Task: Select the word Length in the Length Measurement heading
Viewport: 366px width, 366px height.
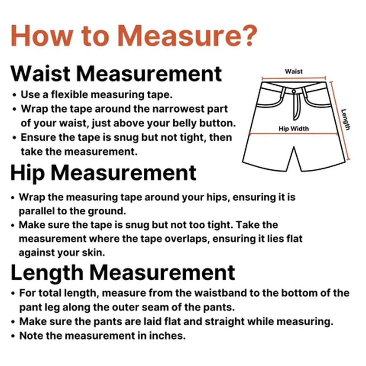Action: point(47,273)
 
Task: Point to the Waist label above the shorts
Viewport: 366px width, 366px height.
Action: point(294,71)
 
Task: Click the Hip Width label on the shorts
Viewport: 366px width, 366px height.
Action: point(294,129)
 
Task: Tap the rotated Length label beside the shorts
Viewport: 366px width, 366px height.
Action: point(346,119)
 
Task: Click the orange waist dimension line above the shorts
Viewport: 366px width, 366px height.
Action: point(294,78)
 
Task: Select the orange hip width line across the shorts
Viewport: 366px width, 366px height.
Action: point(294,134)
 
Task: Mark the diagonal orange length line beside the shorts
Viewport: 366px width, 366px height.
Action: point(340,121)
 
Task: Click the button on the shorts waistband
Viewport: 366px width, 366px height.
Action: point(294,91)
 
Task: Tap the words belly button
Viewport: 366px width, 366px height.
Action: point(204,123)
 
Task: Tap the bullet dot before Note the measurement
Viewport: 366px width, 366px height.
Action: point(13,336)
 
